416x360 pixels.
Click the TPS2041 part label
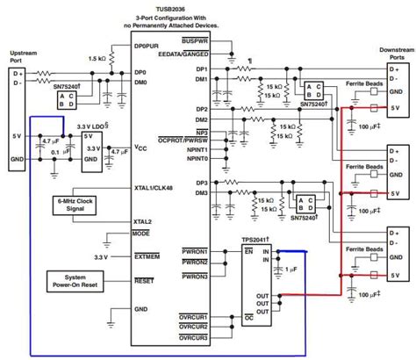coord(261,239)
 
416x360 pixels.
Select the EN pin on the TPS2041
coord(249,252)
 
